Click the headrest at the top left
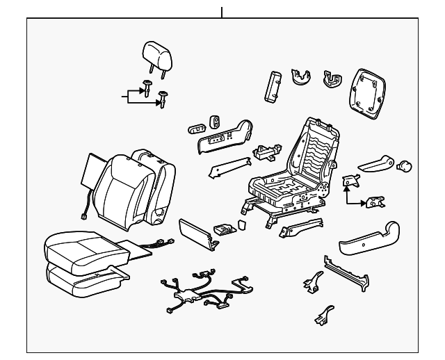[156, 52]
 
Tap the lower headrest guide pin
[164, 98]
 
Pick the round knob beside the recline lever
[404, 165]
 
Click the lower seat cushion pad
[76, 276]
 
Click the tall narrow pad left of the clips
[270, 85]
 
